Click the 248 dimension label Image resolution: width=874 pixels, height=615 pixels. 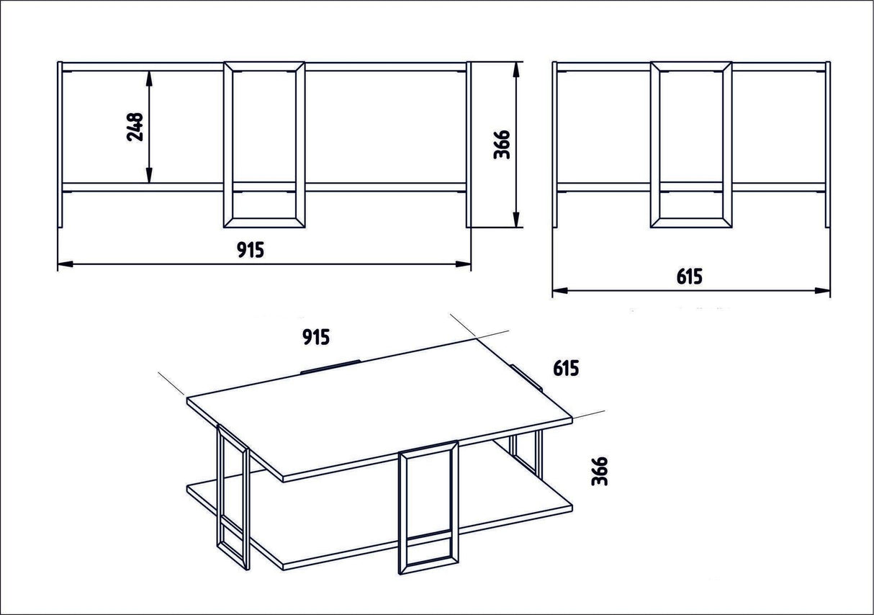tap(135, 127)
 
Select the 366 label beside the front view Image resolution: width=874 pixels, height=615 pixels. tap(503, 145)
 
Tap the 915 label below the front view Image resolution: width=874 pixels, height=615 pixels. tap(251, 249)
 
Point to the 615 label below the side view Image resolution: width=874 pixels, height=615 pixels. tap(689, 277)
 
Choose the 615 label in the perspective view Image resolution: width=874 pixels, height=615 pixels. tap(566, 369)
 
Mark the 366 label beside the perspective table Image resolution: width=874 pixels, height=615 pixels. tap(599, 470)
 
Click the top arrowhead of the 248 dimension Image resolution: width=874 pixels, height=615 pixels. tap(149, 76)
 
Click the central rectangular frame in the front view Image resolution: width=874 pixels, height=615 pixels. tap(264, 144)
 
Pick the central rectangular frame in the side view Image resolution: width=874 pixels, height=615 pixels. tap(691, 144)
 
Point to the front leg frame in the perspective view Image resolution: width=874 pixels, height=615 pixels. tap(428, 508)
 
